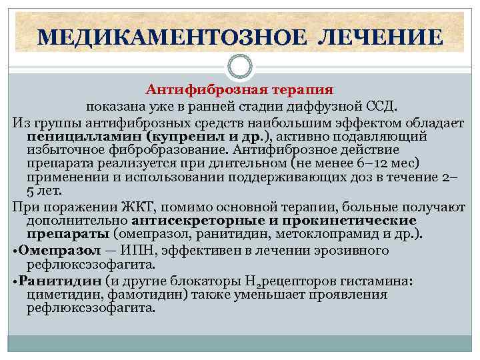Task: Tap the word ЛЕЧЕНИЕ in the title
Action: point(379,37)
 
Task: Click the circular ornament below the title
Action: point(240,67)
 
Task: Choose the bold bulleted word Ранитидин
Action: point(55,280)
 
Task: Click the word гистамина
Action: point(380,280)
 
